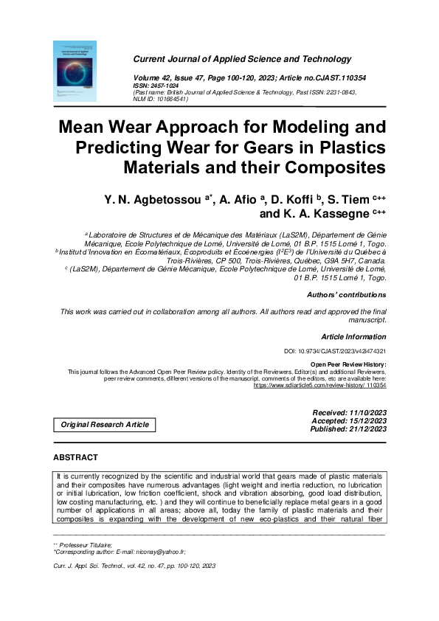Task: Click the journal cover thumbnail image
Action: click(x=76, y=72)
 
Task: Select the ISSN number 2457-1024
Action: click(x=166, y=85)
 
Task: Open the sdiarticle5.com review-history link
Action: click(x=319, y=385)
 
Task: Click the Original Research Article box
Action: click(x=104, y=424)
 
